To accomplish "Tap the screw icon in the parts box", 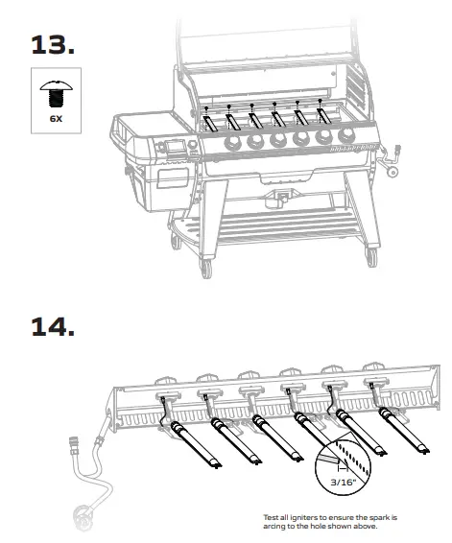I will point(55,93).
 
